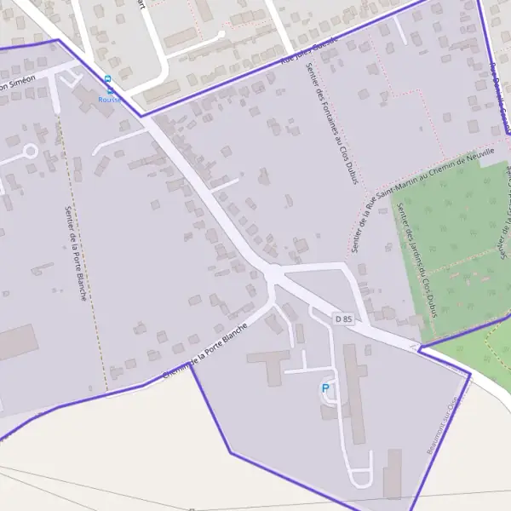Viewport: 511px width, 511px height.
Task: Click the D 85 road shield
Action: [x=343, y=319]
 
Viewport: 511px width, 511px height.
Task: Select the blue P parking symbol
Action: [x=324, y=388]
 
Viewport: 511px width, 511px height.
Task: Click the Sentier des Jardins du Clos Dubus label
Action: [x=419, y=264]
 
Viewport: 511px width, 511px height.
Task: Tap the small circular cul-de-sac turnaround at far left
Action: [x=30, y=152]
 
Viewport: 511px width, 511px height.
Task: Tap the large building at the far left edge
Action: [x=17, y=342]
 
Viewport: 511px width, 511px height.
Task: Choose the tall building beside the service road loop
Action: [x=392, y=474]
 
